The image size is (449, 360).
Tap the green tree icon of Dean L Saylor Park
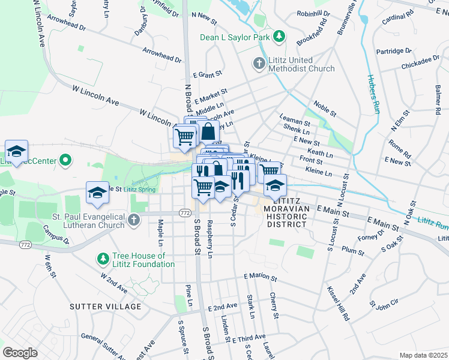[279, 37]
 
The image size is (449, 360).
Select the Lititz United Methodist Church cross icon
[259, 64]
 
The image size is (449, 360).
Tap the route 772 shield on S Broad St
[185, 213]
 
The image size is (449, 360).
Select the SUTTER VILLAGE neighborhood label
[106, 307]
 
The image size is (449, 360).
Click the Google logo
[20, 353]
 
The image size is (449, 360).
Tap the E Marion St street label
[260, 278]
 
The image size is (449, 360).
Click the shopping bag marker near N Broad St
[207, 132]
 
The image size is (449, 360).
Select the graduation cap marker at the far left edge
[17, 151]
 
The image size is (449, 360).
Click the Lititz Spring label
[139, 190]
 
